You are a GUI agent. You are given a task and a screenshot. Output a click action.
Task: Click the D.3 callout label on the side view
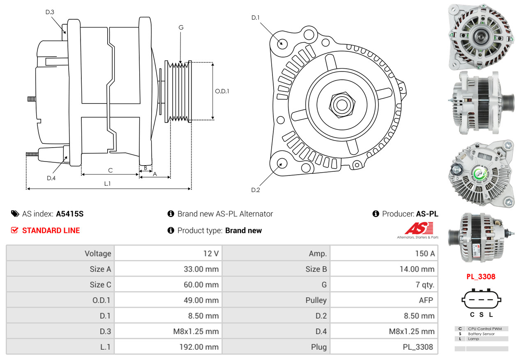point(50,12)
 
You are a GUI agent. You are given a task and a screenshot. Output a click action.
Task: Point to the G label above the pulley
point(181,28)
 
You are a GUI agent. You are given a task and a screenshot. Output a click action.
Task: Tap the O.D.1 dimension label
point(222,91)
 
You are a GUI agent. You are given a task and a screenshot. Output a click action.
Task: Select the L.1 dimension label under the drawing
point(107,184)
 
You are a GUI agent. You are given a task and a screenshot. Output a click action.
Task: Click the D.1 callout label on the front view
point(255,18)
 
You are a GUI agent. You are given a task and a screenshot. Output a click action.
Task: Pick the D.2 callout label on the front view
point(255,190)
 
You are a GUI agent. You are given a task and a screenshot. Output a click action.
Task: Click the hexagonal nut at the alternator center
point(342,105)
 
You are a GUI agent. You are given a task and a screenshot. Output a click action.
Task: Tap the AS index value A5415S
point(70,214)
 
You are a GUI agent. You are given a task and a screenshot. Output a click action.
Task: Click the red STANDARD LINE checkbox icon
point(15,230)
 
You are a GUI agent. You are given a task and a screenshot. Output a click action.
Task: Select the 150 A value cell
point(384,254)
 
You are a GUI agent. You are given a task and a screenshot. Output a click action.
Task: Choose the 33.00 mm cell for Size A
point(168,269)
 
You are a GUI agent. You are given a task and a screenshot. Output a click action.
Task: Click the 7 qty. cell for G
point(384,284)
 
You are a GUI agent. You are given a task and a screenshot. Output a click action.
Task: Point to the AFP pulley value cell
point(384,300)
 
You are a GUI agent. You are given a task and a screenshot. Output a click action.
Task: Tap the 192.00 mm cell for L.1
point(168,347)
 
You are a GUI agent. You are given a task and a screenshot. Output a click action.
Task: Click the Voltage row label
point(98,254)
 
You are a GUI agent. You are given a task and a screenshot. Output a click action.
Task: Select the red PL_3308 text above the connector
point(481,277)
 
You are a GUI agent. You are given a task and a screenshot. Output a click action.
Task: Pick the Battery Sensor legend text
point(481,334)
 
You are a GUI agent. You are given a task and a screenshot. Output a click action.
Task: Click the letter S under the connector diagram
point(482,315)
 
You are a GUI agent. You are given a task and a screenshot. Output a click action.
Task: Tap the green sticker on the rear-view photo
point(480,174)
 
